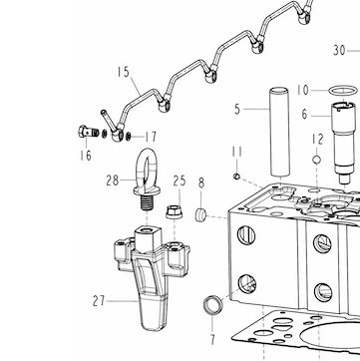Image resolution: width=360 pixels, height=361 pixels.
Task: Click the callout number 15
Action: click(x=123, y=72)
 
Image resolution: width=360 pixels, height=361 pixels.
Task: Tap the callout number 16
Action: click(x=86, y=156)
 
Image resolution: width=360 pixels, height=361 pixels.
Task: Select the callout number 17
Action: click(x=151, y=137)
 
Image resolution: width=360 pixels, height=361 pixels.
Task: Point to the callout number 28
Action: click(x=113, y=180)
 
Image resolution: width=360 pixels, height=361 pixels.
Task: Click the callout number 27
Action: click(x=99, y=301)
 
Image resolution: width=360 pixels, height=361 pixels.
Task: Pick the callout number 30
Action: click(x=339, y=51)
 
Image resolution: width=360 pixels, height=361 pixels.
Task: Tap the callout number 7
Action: click(x=212, y=340)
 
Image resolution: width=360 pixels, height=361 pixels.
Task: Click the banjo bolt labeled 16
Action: click(x=89, y=132)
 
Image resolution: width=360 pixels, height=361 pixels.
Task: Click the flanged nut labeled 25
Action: click(x=174, y=211)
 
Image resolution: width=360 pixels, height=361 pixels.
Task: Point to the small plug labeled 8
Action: click(x=200, y=214)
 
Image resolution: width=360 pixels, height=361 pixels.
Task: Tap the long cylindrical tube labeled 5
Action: click(x=279, y=132)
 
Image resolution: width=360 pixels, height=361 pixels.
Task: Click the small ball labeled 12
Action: click(x=316, y=160)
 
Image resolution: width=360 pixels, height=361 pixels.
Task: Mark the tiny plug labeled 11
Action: click(x=236, y=176)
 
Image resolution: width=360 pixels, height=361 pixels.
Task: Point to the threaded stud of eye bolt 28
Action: click(x=147, y=202)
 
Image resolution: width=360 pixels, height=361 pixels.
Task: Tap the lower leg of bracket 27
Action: click(x=153, y=312)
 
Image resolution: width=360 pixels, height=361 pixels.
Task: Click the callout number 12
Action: click(x=317, y=140)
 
